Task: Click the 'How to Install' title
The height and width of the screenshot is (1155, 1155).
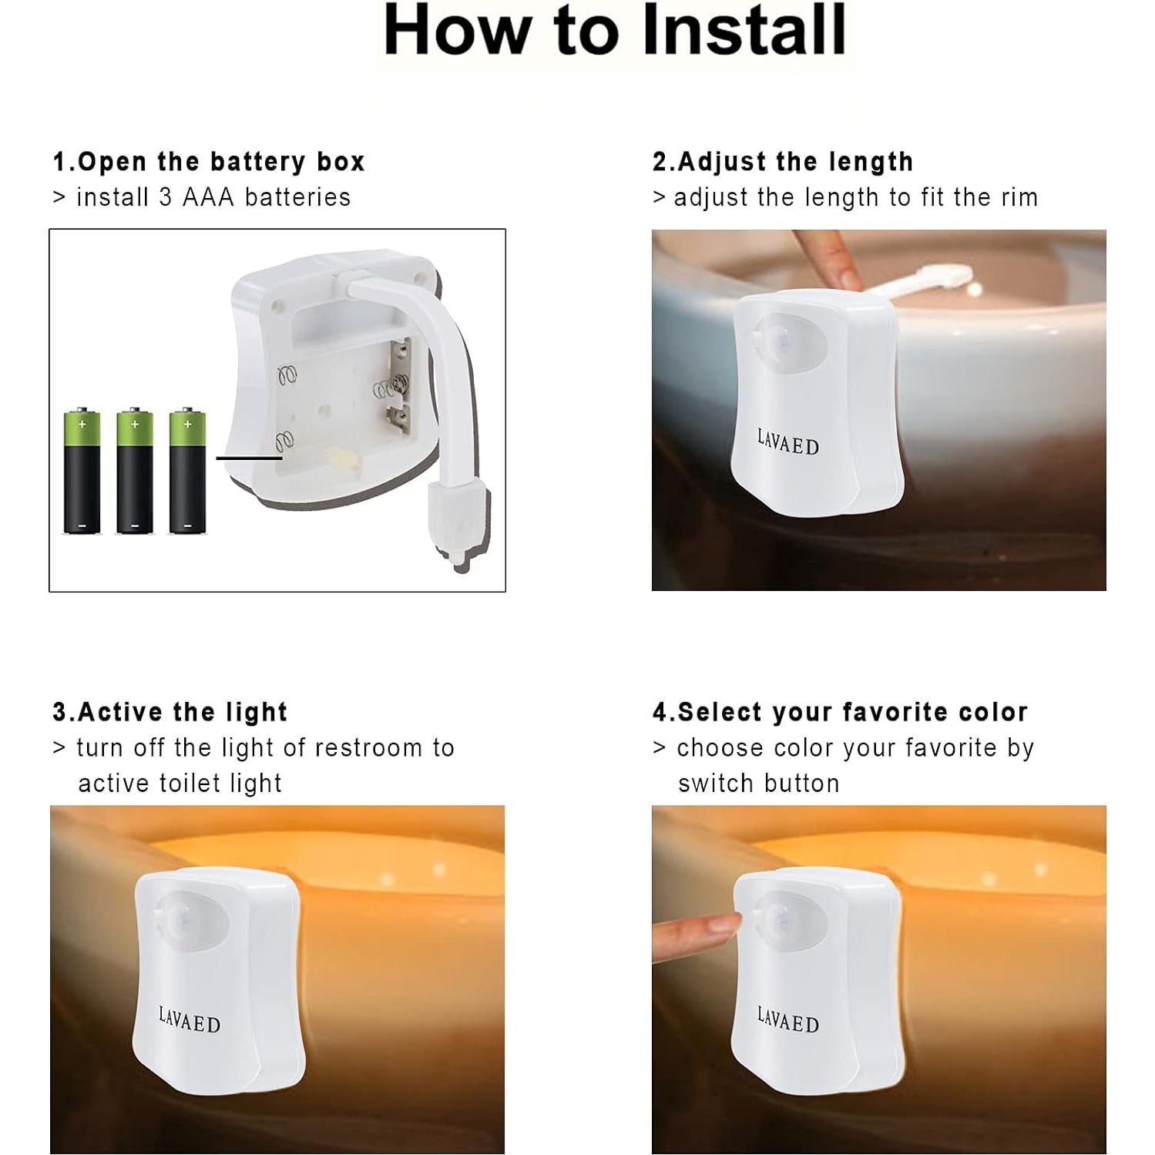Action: click(x=615, y=31)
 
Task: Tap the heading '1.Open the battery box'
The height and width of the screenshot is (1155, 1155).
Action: click(x=209, y=162)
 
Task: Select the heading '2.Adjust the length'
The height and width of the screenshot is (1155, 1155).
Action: click(x=783, y=162)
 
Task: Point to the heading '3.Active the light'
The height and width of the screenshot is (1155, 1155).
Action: click(x=170, y=712)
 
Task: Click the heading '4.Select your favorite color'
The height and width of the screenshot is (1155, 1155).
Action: click(x=841, y=712)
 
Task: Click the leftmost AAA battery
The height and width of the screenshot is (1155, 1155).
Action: click(x=82, y=471)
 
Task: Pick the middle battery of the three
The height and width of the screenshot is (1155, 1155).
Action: click(x=135, y=471)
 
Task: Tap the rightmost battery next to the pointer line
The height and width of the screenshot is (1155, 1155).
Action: click(x=187, y=471)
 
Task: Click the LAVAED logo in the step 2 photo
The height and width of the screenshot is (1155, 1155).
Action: click(x=787, y=442)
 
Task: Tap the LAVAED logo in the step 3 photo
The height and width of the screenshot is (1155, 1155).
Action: click(x=190, y=1020)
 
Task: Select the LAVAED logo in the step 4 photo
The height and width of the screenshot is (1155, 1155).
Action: click(x=787, y=1020)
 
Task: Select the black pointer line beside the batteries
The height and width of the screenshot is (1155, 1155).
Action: click(x=249, y=458)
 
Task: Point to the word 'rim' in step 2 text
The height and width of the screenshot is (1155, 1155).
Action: click(x=1019, y=198)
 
